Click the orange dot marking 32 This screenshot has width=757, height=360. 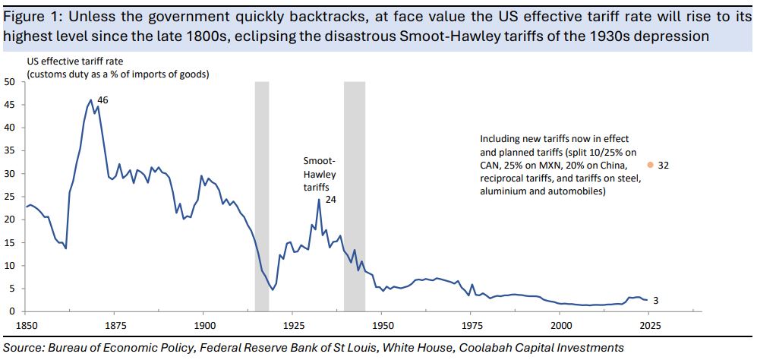coord(650,164)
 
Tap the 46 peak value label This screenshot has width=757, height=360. coord(103,99)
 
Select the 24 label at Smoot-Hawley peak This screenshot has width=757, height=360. coord(330,199)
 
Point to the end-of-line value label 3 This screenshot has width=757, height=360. coord(655,302)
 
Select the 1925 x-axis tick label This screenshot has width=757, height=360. coord(293,324)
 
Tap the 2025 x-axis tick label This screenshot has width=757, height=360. coord(650,324)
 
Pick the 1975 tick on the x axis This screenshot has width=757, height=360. coord(472,324)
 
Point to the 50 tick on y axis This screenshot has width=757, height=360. coord(11,81)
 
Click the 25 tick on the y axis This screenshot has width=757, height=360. coord(11,197)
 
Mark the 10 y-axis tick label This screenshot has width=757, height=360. coord(11,266)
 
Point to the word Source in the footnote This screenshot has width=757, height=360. coord(23,347)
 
